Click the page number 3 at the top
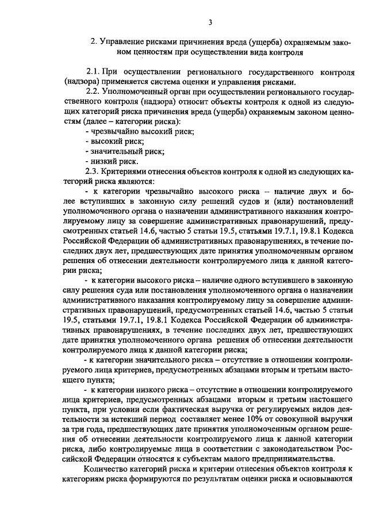pos(210,22)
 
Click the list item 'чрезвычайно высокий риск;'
pos(139,131)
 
